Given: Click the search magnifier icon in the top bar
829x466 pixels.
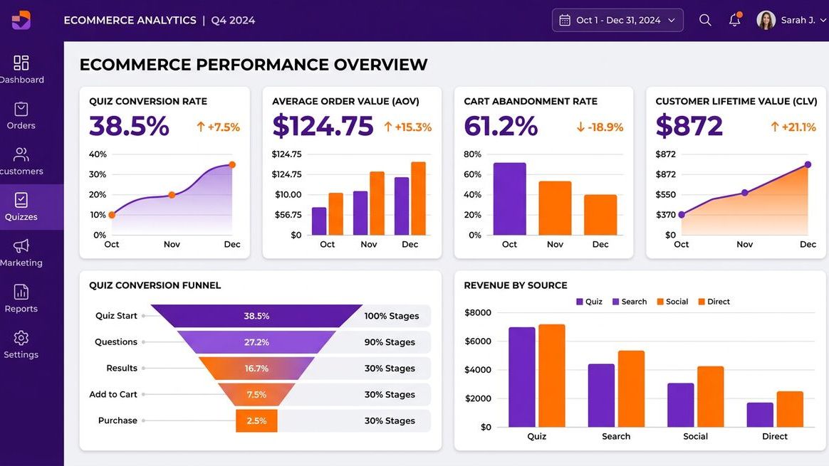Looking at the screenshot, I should click(705, 20).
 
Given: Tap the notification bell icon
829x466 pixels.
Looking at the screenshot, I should click(734, 20).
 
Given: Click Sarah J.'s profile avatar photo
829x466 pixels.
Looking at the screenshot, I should click(766, 20).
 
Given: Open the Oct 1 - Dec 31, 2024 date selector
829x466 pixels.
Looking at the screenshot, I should click(617, 20).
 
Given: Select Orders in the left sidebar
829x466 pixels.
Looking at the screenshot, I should click(21, 116).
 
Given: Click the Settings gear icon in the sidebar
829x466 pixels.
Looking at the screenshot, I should click(21, 338).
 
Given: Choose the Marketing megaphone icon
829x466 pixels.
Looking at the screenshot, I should click(21, 246).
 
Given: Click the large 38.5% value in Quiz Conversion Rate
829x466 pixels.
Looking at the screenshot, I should click(129, 127).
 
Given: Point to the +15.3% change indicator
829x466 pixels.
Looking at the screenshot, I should click(407, 127).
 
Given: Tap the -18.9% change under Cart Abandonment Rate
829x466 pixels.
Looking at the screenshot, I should click(600, 127).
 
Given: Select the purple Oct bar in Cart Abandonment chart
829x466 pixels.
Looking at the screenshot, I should click(509, 199).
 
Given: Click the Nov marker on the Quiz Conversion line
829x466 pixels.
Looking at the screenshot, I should click(172, 195).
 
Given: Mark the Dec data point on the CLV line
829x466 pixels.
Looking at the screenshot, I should click(808, 164).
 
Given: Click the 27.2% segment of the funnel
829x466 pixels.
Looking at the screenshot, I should click(256, 342).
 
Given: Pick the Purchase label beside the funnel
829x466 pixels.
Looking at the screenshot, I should click(118, 420).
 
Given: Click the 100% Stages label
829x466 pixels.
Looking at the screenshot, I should click(391, 316).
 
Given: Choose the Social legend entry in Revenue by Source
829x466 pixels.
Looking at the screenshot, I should click(672, 302).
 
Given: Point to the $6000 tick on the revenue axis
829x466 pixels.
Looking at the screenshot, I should click(477, 341).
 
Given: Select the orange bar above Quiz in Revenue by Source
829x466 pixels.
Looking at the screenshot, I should click(552, 376).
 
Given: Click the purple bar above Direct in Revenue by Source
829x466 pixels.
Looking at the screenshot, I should click(760, 415).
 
